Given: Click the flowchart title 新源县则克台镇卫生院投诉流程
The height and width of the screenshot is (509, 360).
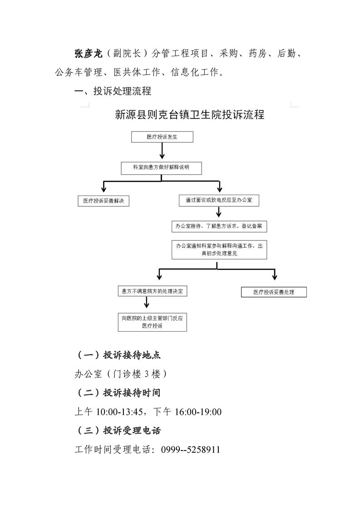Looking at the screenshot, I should tap(189, 115).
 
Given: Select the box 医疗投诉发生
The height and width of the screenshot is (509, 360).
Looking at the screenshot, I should tap(162, 137).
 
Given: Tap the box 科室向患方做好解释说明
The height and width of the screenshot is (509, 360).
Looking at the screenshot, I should tap(161, 168).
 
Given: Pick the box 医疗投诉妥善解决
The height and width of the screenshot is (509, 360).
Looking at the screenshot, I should tap(104, 201).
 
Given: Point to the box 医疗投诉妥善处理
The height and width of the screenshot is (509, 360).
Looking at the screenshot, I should tap(274, 292).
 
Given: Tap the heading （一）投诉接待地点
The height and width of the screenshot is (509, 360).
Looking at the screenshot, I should tap(118, 355).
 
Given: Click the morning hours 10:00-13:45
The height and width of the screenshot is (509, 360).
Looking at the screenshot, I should tap(119, 412).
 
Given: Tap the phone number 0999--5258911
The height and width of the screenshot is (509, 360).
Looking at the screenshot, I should tap(191, 450).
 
